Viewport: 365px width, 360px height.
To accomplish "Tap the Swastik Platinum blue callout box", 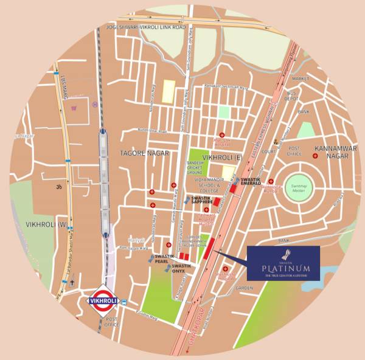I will pyautogui.click(x=283, y=263).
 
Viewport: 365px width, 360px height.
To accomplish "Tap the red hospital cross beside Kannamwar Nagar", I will pyautogui.click(x=315, y=157).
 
